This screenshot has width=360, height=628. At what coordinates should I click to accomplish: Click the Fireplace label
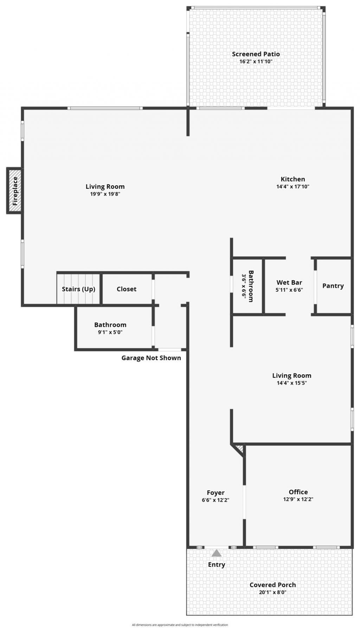(15, 191)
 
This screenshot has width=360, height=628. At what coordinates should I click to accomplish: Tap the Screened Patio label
(256, 54)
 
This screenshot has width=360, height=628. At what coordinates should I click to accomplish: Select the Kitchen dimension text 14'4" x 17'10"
(292, 187)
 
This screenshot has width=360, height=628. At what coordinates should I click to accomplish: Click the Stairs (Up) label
(78, 289)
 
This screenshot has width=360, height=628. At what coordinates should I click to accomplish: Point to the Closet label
(127, 289)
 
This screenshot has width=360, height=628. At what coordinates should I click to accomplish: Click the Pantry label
(333, 286)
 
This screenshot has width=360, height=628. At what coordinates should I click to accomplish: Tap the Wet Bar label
(289, 282)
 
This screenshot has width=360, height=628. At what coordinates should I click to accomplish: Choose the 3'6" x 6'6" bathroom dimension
(244, 286)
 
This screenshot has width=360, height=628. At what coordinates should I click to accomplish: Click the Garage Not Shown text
(151, 358)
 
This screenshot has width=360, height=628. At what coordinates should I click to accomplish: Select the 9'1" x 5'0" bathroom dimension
(110, 332)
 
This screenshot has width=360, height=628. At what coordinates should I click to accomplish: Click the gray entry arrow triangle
(217, 553)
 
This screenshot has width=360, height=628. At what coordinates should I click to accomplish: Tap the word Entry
(217, 564)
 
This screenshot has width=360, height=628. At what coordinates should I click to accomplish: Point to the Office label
(298, 492)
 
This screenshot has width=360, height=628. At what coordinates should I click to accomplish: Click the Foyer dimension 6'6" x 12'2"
(216, 500)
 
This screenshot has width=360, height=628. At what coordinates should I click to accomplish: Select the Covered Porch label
(272, 585)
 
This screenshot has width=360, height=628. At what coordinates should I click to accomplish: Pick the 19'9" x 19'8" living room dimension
(105, 194)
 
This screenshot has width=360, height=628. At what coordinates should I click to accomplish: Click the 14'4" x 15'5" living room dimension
(292, 383)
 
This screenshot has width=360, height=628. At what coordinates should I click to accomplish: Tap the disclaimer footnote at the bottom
(180, 625)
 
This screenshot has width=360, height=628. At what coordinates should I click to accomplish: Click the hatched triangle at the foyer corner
(240, 449)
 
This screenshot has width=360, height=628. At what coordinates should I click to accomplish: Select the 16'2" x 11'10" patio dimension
(256, 61)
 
